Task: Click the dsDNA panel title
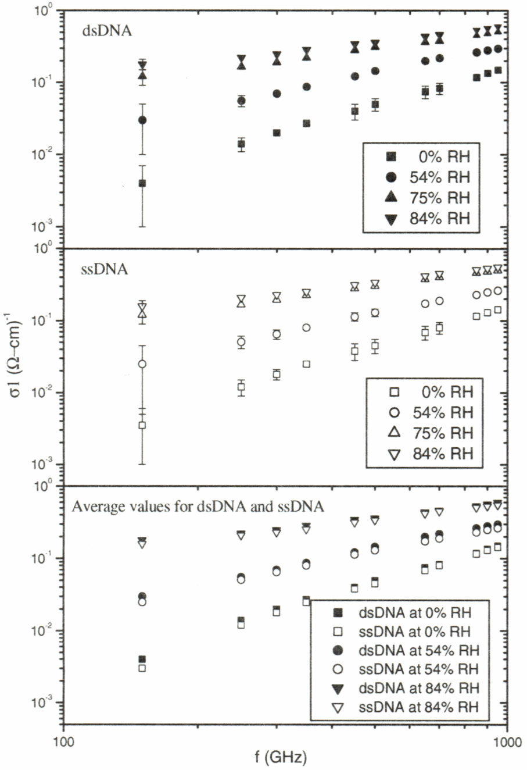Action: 106,30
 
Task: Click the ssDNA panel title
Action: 105,269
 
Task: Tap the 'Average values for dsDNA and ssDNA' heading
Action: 198,507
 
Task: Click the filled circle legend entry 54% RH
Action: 427,177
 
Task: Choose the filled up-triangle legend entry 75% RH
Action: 427,198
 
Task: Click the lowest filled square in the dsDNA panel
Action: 142,183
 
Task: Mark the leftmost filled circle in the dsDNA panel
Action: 142,120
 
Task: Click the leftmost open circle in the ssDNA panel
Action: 142,364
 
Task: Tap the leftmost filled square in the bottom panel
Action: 142,659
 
